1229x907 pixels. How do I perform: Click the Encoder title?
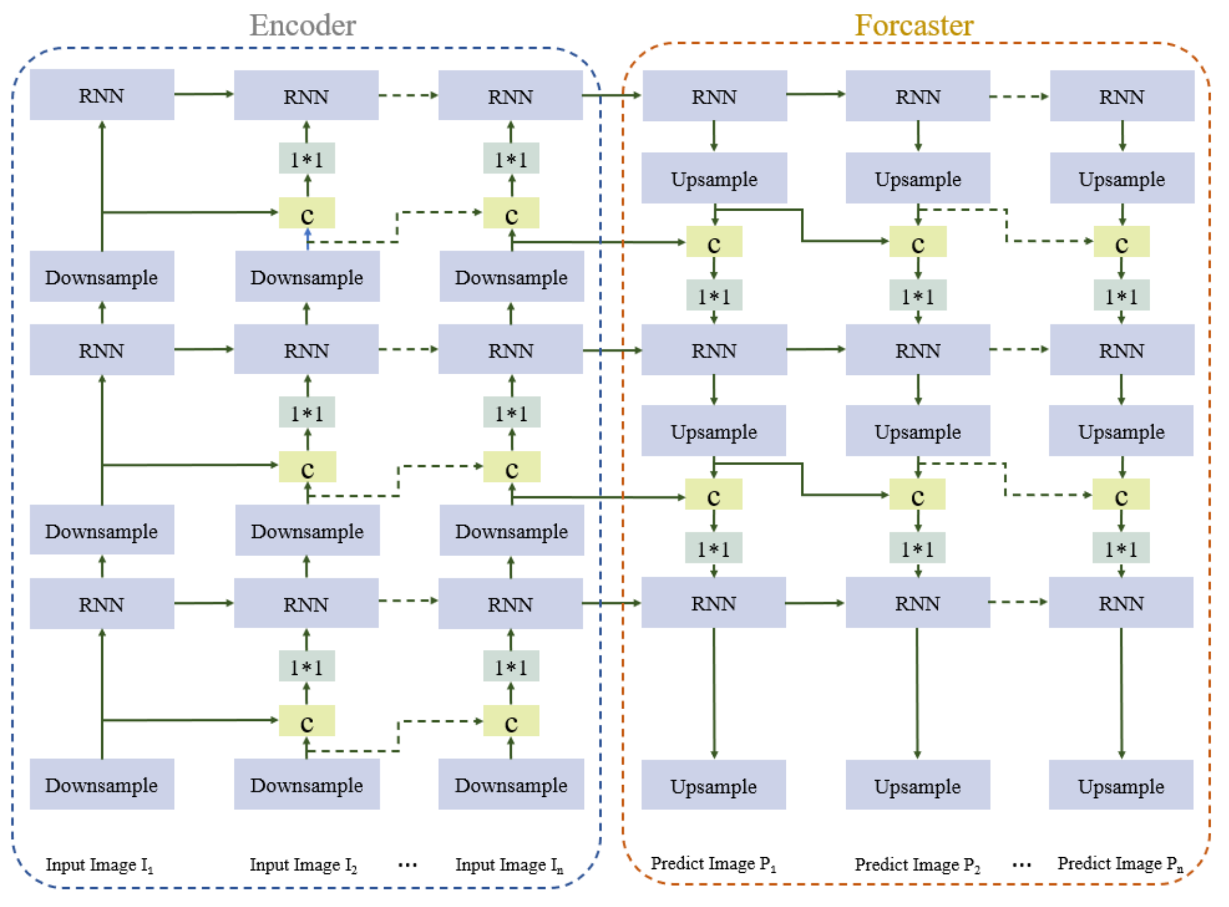303,25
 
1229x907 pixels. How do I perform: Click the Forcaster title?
914,25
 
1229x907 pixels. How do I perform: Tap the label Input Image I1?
100,865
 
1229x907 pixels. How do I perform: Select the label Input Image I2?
304,865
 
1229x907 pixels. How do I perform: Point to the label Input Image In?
509,865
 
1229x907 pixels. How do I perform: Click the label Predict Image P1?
713,864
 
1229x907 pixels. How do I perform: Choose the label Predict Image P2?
917,865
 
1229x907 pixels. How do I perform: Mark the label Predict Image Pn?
1120,864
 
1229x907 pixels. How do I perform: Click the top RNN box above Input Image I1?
102,95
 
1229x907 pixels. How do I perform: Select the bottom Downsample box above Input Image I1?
102,785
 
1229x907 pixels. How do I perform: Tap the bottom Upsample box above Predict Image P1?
713,786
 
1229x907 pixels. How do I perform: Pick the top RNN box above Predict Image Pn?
1121,96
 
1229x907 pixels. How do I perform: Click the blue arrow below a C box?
308,240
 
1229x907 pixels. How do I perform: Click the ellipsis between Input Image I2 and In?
407,866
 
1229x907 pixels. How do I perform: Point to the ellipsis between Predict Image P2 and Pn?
1021,866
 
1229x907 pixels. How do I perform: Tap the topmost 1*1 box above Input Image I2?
307,159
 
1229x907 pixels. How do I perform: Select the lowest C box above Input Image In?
511,721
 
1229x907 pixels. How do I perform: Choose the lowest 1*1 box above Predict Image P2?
917,548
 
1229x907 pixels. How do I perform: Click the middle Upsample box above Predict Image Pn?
1121,431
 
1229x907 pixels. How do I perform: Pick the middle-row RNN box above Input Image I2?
306,350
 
